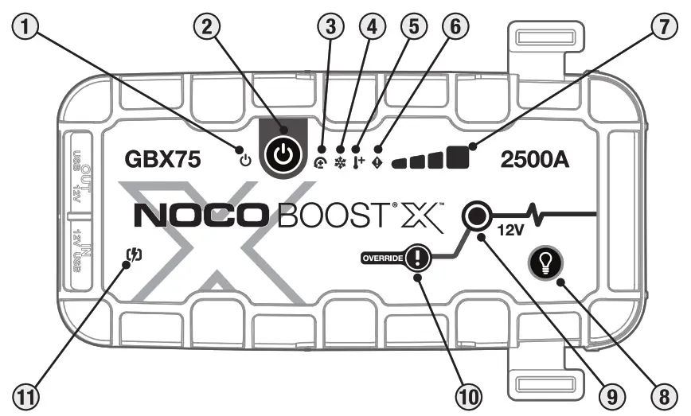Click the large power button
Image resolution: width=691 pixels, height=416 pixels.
283,155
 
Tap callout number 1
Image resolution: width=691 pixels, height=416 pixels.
27,28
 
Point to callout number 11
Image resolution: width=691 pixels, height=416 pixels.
27,392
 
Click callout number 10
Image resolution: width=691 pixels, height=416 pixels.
470,392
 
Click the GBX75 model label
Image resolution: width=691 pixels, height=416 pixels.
163,160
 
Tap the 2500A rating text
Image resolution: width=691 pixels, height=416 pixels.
535,160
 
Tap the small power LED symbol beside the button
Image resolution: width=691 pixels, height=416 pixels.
245,158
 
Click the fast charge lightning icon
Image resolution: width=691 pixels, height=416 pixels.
135,256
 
